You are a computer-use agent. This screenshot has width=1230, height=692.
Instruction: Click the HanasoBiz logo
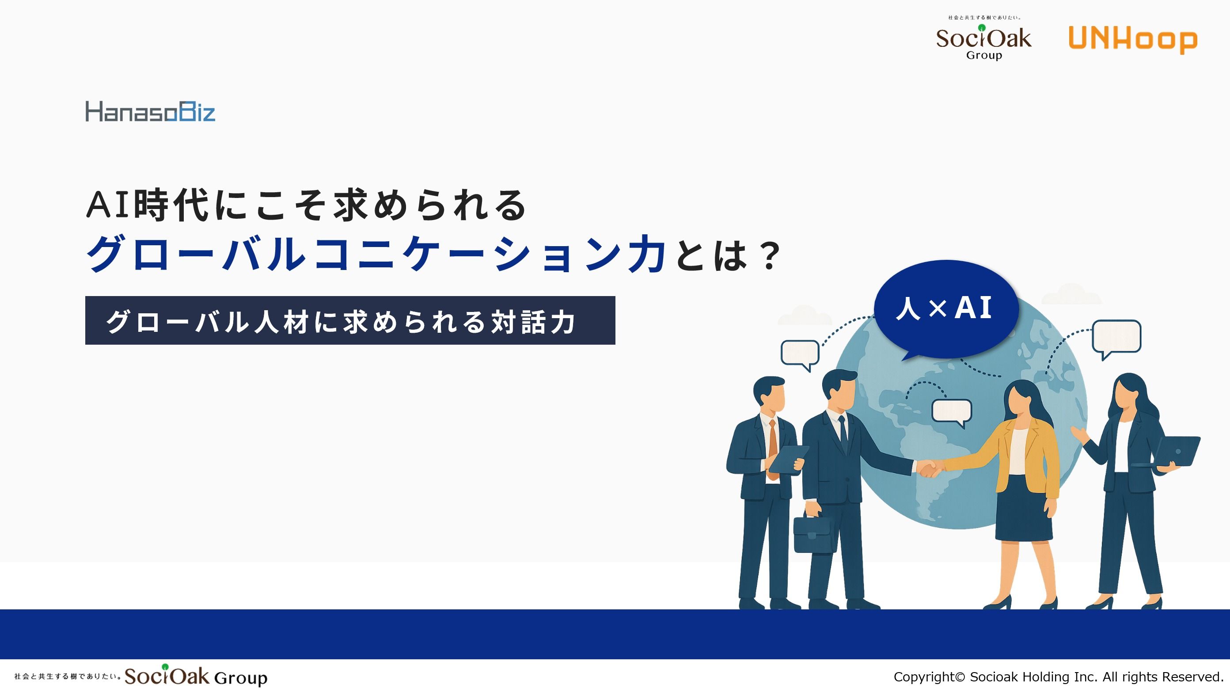[150, 111]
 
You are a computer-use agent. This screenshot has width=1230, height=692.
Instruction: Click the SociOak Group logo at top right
[983, 38]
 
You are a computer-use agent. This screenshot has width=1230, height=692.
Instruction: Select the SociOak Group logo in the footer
[141, 676]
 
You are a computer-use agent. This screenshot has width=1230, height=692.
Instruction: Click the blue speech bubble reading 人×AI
[945, 309]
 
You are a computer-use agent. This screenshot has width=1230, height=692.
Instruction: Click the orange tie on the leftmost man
[772, 449]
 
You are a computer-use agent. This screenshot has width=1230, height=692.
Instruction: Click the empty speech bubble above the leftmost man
[800, 354]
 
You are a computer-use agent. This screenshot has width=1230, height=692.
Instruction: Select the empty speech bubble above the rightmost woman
[1116, 338]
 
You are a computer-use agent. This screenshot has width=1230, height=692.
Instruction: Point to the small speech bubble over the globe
[952, 412]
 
